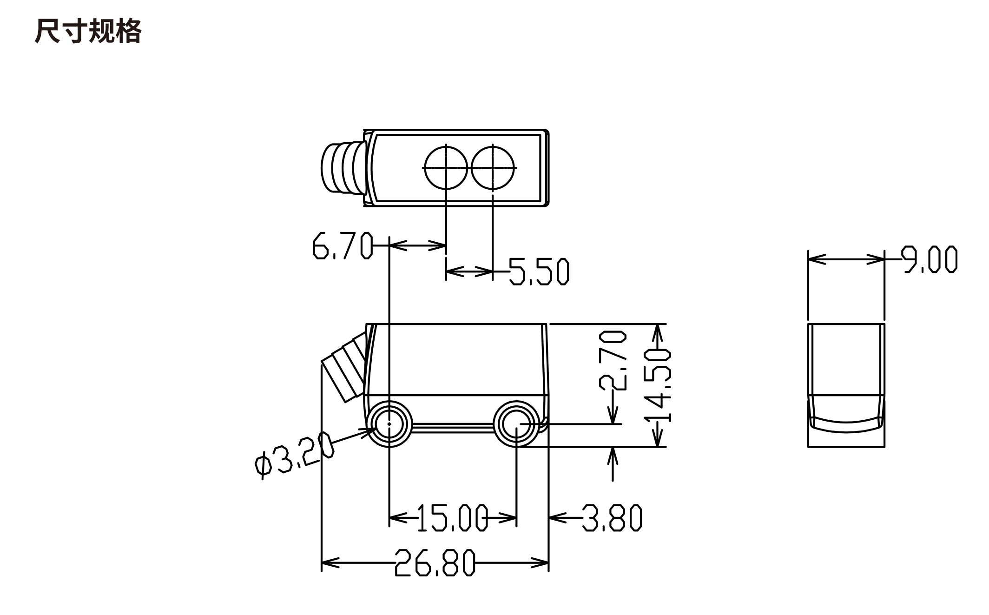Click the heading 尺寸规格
[x=88, y=32]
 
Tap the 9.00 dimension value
[x=930, y=259]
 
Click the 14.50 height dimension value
[x=658, y=386]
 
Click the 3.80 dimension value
[x=612, y=517]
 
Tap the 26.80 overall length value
[x=435, y=562]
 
